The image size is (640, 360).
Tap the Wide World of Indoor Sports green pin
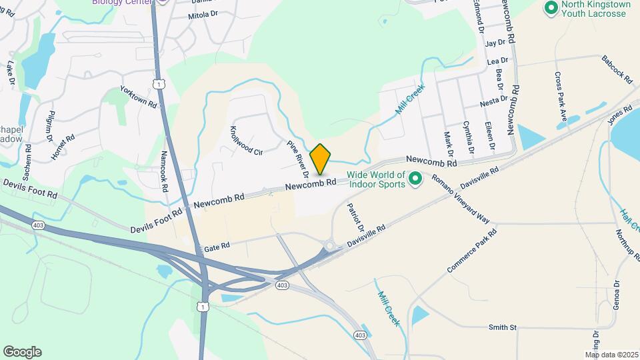(x=415, y=178)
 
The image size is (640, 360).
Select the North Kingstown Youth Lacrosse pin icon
(x=551, y=8)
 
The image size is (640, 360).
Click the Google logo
(x=21, y=352)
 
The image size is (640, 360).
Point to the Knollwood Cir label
(x=246, y=141)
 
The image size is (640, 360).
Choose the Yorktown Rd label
(x=138, y=97)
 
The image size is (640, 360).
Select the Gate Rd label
(x=216, y=247)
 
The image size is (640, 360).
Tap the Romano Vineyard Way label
(x=461, y=199)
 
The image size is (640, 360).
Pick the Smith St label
(x=503, y=327)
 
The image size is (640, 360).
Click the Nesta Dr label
(x=494, y=103)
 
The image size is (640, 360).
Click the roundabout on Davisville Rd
(x=329, y=247)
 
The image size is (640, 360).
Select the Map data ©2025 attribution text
(x=611, y=355)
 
